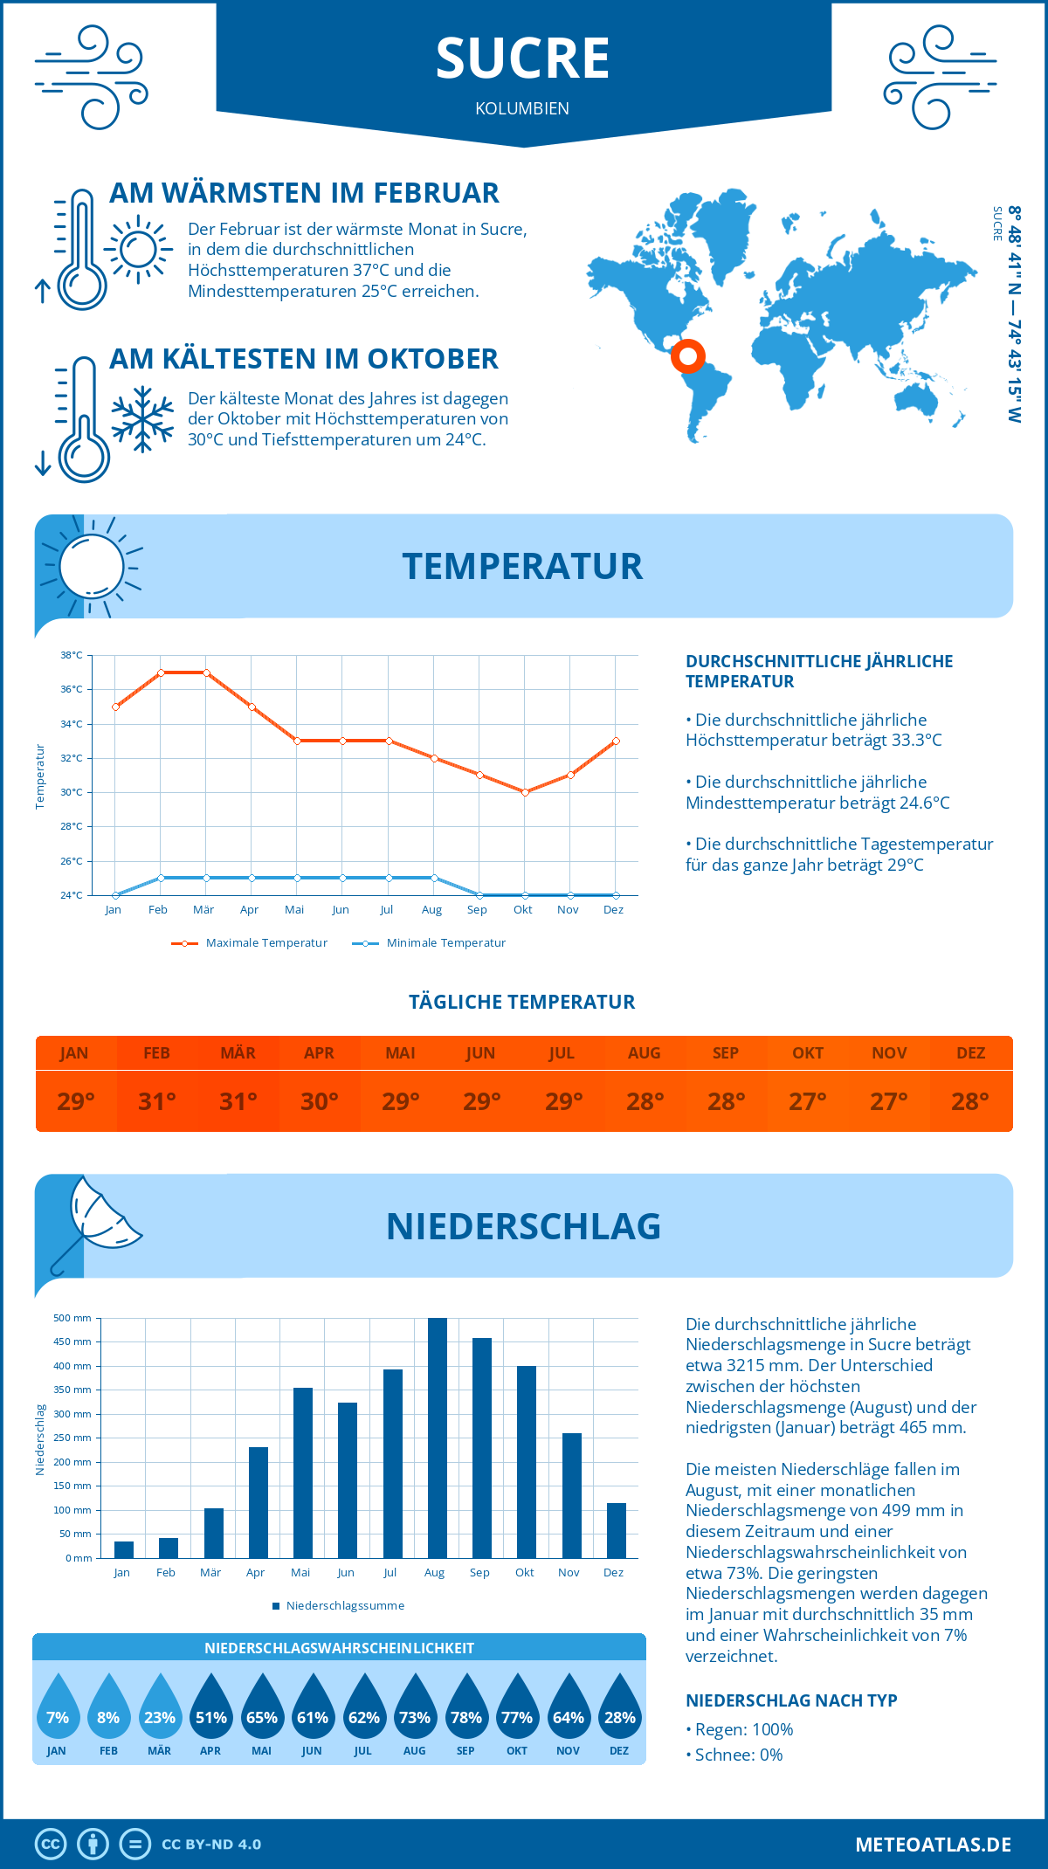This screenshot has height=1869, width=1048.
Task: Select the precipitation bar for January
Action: coord(124,1549)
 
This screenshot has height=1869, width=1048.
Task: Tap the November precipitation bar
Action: coord(572,1495)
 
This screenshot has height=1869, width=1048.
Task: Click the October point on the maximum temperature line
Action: coord(525,792)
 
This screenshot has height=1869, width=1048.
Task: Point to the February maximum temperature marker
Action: coord(161,672)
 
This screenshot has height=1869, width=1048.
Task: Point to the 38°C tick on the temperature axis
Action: coord(72,655)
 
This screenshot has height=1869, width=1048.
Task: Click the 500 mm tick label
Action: coord(72,1318)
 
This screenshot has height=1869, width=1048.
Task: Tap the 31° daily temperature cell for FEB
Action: coord(157,1101)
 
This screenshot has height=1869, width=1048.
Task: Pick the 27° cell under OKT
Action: coord(808,1101)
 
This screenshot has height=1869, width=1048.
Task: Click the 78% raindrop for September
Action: coord(465,1707)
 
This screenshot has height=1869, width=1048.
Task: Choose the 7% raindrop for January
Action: coord(57,1707)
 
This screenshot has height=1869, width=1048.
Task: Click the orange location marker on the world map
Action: coord(688,355)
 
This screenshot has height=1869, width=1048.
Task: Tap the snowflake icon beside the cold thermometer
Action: coord(142,419)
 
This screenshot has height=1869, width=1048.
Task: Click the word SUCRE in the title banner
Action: coord(522,59)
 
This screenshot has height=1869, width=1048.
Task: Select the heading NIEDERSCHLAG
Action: coord(523,1226)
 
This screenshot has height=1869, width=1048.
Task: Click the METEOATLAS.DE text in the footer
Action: coord(933,1845)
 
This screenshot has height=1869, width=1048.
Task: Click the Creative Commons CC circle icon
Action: coord(51,1845)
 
